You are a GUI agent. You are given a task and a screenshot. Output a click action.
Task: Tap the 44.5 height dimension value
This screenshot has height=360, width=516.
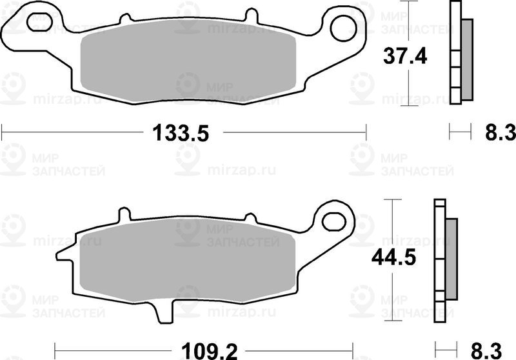pyautogui.click(x=392, y=258)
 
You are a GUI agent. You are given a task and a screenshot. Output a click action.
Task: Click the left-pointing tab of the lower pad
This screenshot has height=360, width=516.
pyautogui.click(x=61, y=255)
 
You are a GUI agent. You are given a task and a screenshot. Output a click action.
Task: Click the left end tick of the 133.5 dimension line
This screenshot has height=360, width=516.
pyautogui.click(x=2, y=134)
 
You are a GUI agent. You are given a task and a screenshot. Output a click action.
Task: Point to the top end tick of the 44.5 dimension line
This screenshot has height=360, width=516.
pyautogui.click(x=392, y=201)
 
